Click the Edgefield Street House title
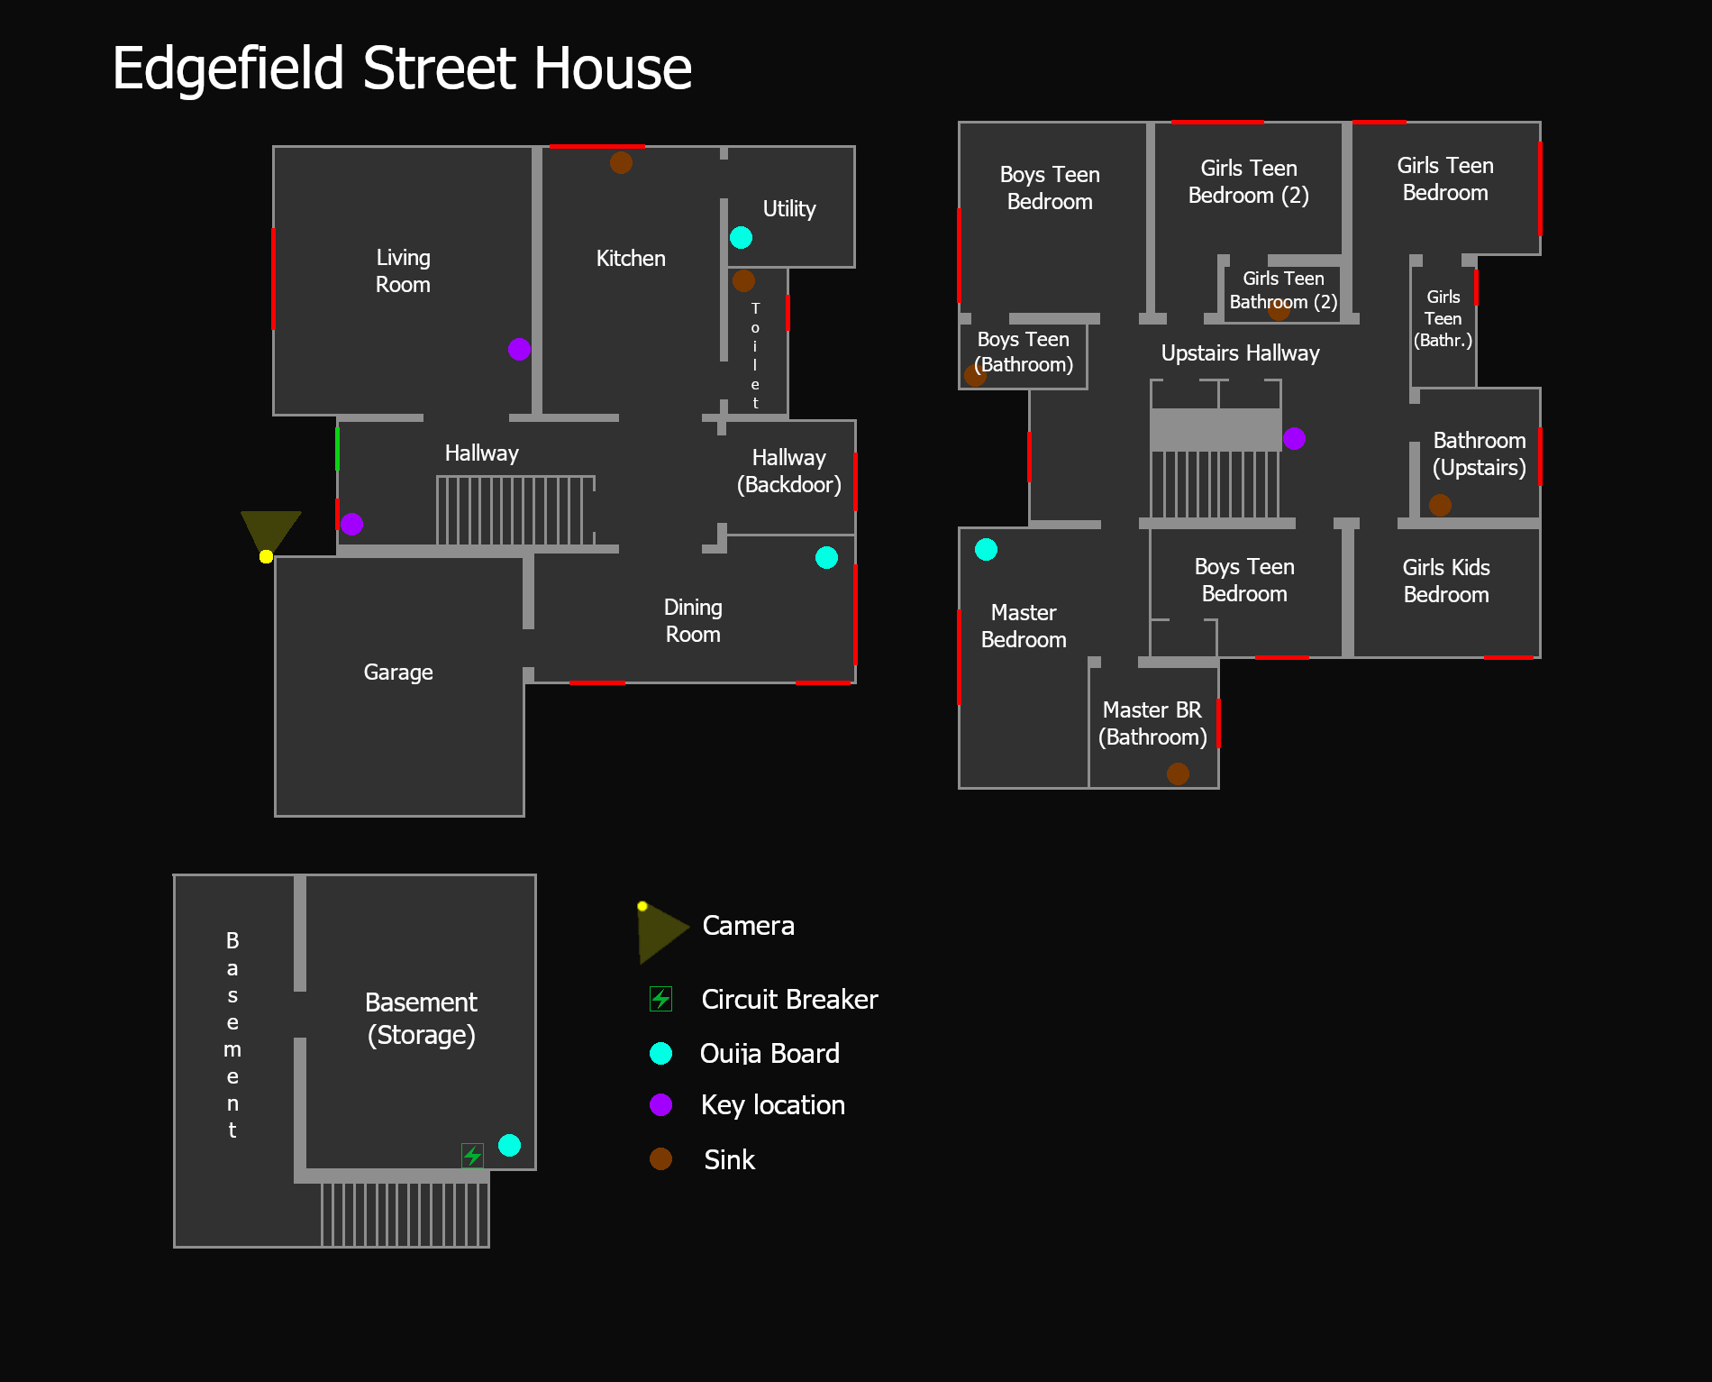402,69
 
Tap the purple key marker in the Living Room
519,349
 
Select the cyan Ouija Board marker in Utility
741,237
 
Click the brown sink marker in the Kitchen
621,162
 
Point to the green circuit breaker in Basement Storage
472,1154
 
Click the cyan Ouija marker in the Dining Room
826,557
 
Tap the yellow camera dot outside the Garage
266,556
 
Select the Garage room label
398,673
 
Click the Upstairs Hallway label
1240,353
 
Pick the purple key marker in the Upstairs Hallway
1294,438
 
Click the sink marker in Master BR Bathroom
1178,773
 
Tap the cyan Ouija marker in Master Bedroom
986,549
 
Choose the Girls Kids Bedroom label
1446,581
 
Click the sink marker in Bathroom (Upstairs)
1440,505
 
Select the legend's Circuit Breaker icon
660,998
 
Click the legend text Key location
773,1105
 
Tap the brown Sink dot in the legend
660,1158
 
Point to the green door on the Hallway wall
337,448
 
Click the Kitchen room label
631,259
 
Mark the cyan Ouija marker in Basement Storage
509,1145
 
